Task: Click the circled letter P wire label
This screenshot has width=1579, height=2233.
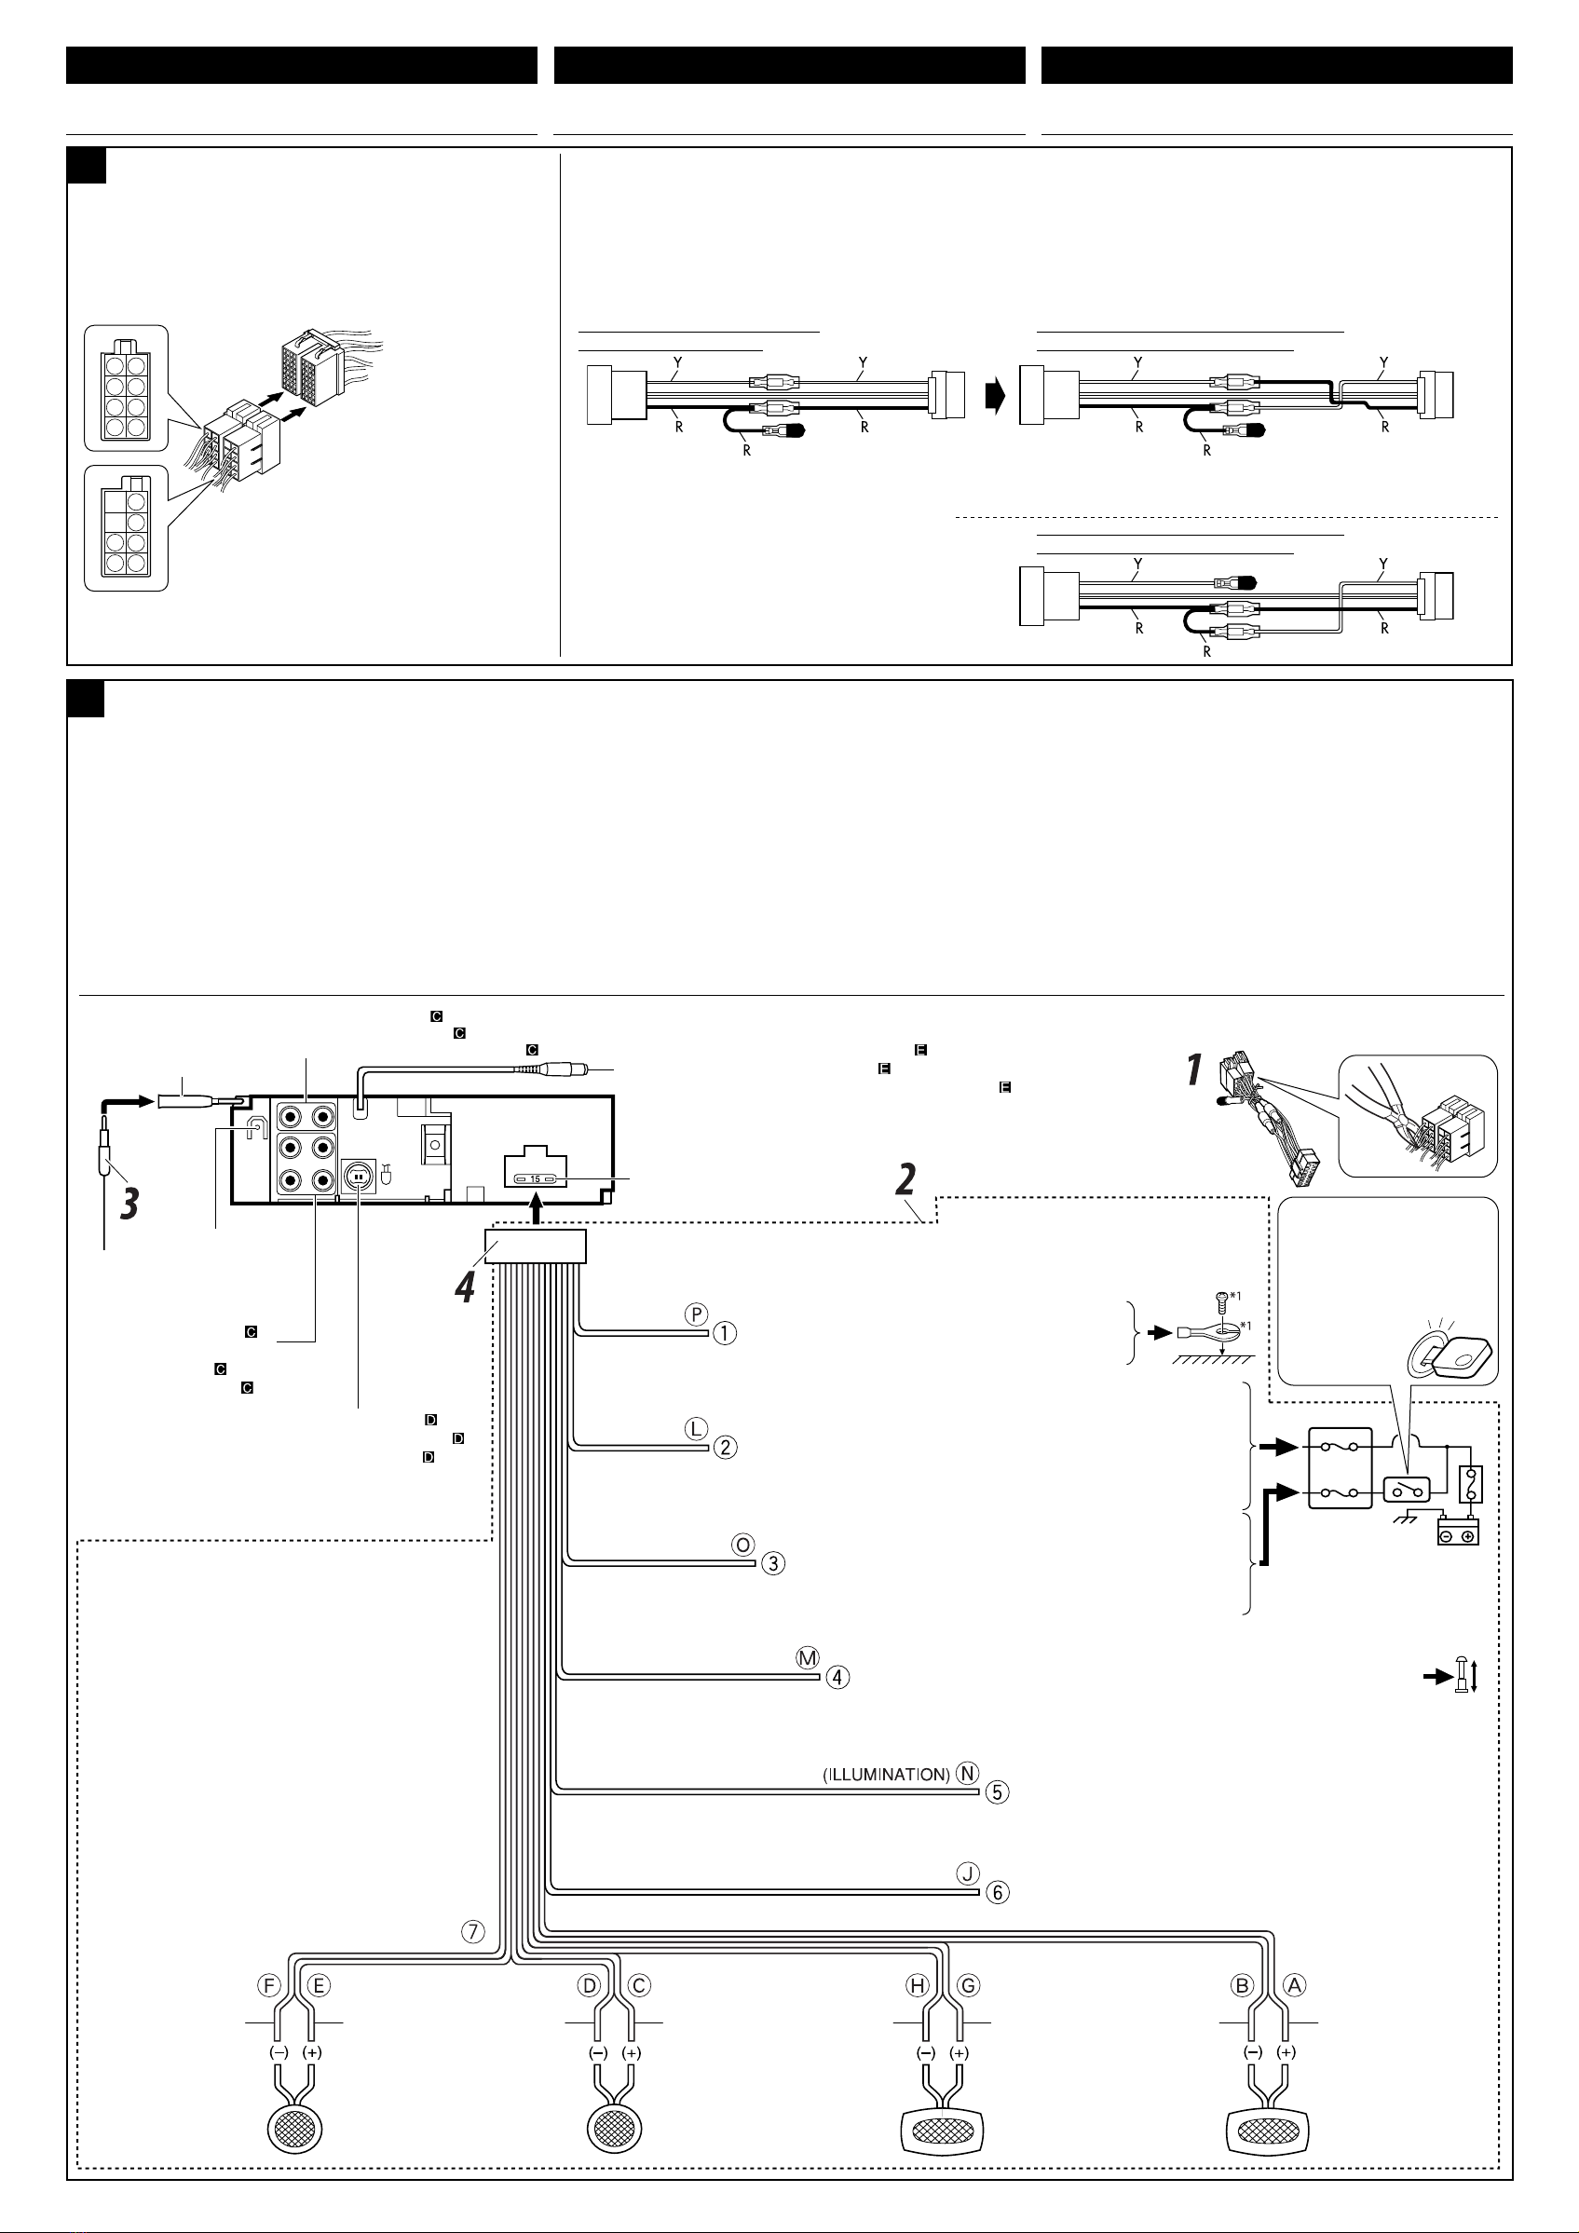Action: pos(696,1314)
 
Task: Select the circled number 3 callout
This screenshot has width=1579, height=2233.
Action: pos(772,1563)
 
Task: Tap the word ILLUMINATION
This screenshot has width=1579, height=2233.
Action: pos(887,1774)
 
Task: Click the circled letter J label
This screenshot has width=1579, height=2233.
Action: pos(968,1873)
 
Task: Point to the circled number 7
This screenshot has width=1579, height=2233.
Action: pos(472,1931)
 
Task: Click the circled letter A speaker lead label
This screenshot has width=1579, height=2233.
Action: pos(1294,1985)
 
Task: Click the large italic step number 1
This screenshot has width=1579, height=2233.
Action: pos(1195,1069)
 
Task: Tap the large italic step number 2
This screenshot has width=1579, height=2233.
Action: pos(906,1178)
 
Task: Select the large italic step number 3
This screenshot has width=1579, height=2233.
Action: pos(130,1204)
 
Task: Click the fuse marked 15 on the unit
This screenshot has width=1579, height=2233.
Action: pos(535,1178)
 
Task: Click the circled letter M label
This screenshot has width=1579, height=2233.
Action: pos(808,1659)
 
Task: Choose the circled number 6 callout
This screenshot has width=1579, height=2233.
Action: pos(998,1892)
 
